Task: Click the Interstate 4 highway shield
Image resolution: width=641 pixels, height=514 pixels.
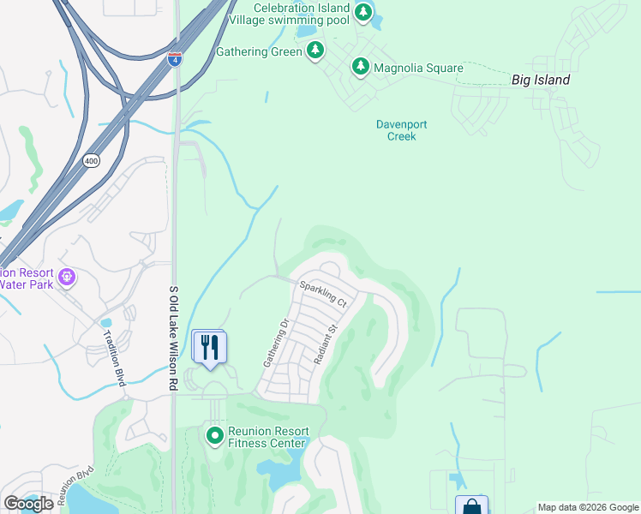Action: (x=175, y=59)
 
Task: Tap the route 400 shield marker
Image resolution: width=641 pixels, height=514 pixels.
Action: (x=91, y=160)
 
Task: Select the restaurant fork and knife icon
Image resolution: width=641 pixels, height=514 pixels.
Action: (x=209, y=346)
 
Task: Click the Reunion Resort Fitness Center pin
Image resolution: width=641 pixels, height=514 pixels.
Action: (x=215, y=436)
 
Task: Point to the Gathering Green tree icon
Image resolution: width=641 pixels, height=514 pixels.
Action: (x=316, y=51)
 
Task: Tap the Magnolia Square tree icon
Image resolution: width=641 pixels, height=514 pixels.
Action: (x=361, y=67)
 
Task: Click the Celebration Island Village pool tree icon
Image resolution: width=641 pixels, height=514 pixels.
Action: (x=363, y=13)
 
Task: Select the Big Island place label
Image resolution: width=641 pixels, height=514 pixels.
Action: (x=540, y=80)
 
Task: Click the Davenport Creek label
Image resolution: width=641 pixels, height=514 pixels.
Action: (x=401, y=130)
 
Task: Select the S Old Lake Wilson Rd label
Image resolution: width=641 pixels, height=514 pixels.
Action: (x=173, y=338)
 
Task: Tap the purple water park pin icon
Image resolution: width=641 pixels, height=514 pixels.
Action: (x=68, y=278)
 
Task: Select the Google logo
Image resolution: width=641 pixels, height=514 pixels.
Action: (x=28, y=504)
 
